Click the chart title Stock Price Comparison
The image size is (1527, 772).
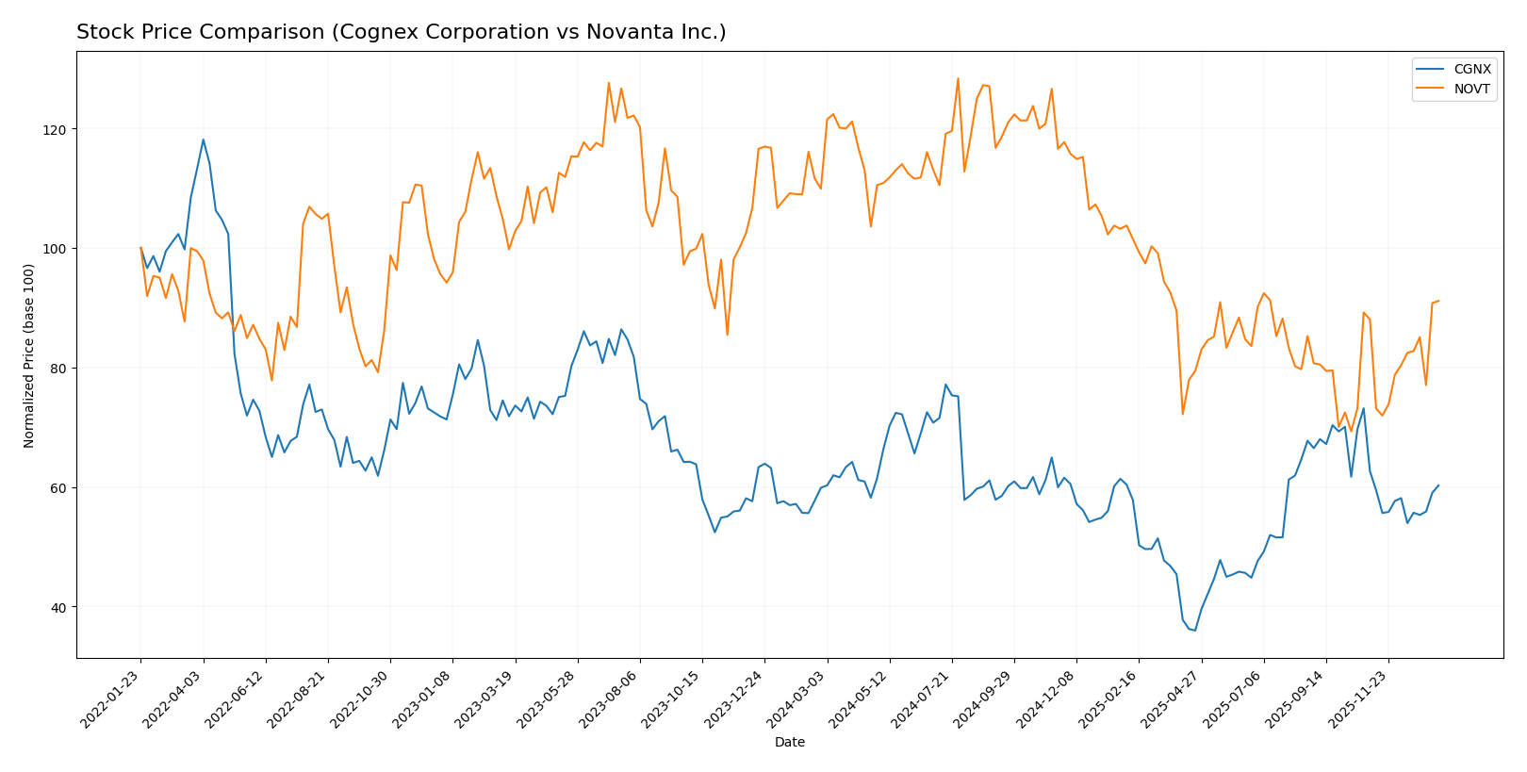401,32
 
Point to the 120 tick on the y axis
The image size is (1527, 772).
55,129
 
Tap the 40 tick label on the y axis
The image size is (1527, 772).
57,607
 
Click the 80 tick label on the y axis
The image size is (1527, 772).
57,369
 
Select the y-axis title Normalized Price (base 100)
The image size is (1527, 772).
29,355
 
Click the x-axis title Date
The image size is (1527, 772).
789,743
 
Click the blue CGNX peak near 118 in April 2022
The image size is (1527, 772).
203,140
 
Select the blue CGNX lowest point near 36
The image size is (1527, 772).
1195,631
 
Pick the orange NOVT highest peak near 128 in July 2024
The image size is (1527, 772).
958,78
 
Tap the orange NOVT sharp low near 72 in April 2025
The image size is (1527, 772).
1183,414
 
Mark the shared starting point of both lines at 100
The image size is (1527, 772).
140,248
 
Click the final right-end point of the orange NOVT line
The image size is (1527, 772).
1438,301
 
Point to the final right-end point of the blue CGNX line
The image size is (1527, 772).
1438,485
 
